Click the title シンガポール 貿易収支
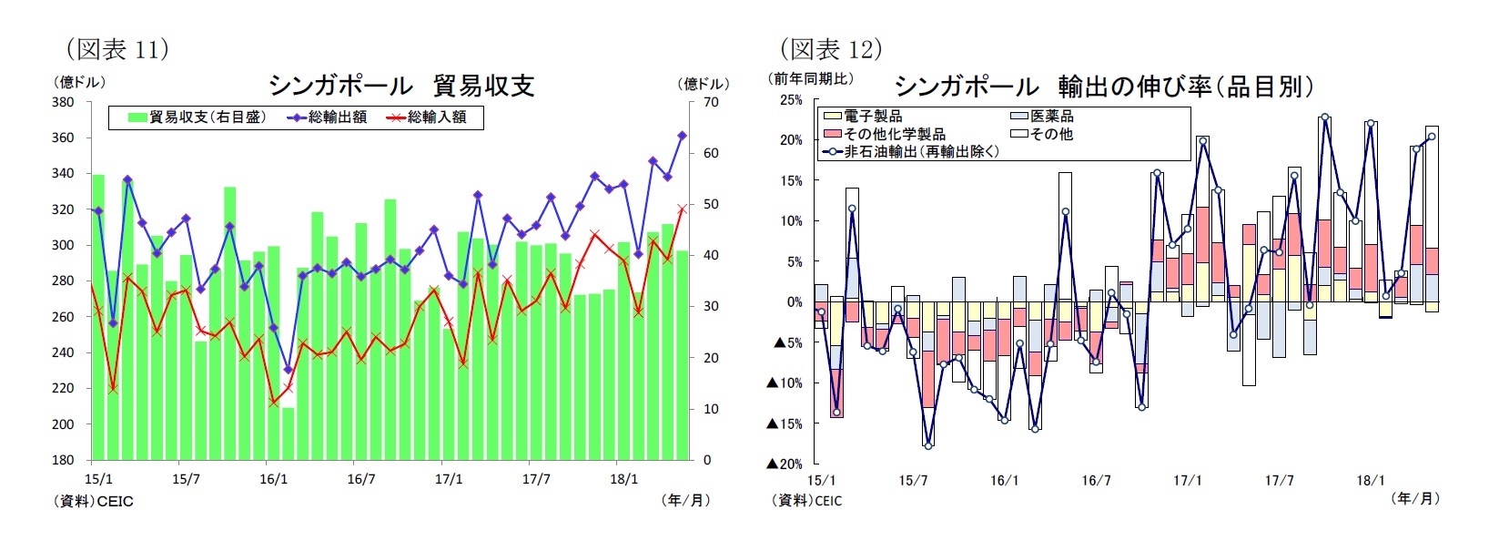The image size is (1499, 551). coord(400,86)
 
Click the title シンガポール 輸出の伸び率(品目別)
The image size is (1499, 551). coord(1104,87)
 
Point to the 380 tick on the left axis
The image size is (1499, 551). coord(63,102)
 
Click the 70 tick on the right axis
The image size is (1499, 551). coord(710,102)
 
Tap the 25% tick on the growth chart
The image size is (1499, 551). coord(791,100)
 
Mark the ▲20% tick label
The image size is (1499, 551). coord(785,464)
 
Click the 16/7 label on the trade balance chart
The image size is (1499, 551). coord(360,479)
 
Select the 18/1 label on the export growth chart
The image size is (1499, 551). coord(1370,481)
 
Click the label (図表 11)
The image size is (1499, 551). coord(117,49)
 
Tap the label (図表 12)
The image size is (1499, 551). coord(831,49)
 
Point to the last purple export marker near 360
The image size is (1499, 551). coord(682,136)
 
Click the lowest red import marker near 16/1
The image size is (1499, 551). coord(274,402)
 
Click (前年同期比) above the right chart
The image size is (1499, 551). coord(812,79)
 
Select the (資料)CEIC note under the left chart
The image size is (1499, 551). coord(95,501)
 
